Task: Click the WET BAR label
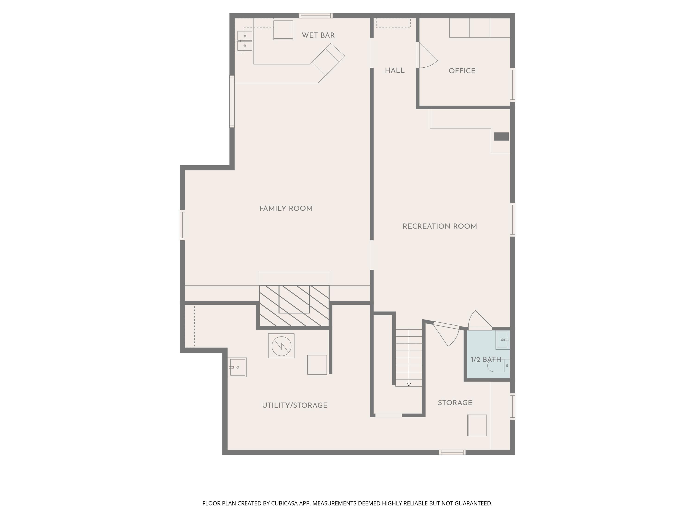tap(318, 35)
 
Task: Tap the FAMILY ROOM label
tap(286, 209)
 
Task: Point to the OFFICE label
tap(462, 71)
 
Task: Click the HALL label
tap(395, 71)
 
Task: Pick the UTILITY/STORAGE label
tap(295, 405)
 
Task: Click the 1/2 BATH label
tap(486, 360)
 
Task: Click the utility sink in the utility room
tap(237, 367)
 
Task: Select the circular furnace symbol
tap(281, 346)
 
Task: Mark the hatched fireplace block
tap(294, 306)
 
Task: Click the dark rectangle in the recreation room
tap(501, 137)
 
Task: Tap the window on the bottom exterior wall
tap(452, 452)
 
